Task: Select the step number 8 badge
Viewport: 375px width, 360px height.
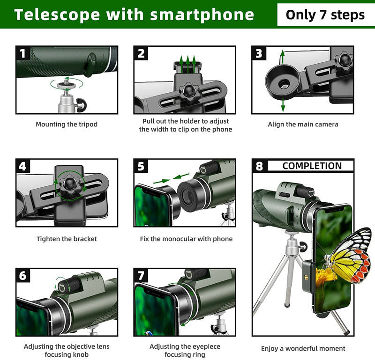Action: click(260, 166)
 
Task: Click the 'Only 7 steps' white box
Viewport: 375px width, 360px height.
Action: click(325, 15)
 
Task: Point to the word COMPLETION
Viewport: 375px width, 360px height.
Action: click(312, 166)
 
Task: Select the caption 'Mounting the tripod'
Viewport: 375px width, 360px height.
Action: click(67, 125)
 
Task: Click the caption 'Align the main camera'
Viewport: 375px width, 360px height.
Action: click(303, 125)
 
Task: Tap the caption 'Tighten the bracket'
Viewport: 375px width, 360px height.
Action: click(67, 239)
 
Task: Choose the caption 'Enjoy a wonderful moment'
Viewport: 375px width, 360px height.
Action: click(303, 348)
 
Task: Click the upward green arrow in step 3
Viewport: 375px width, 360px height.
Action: click(282, 59)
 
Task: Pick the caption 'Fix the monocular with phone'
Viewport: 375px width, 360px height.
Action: click(186, 239)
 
